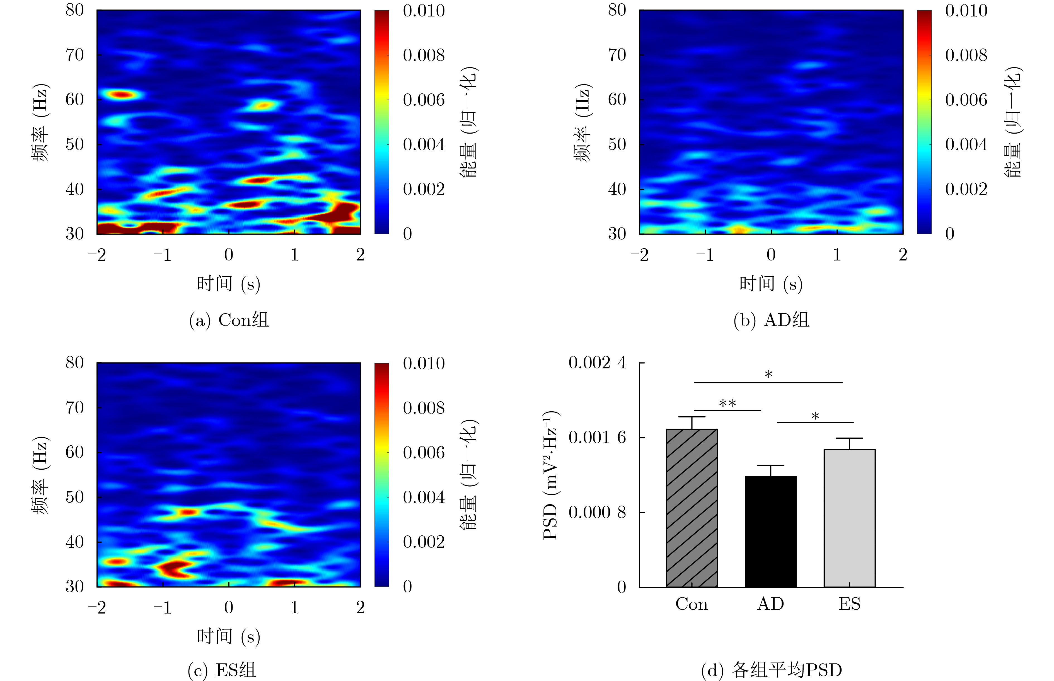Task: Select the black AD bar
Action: (x=771, y=531)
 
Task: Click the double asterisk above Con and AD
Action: (x=727, y=403)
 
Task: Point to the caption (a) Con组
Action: (x=229, y=320)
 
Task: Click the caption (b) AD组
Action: (x=771, y=320)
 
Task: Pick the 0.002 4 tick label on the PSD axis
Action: (x=597, y=363)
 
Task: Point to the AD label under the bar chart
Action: (x=771, y=604)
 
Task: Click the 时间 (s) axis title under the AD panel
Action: (x=771, y=283)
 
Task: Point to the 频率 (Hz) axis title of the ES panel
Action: (x=41, y=475)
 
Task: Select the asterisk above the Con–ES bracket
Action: (x=769, y=375)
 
